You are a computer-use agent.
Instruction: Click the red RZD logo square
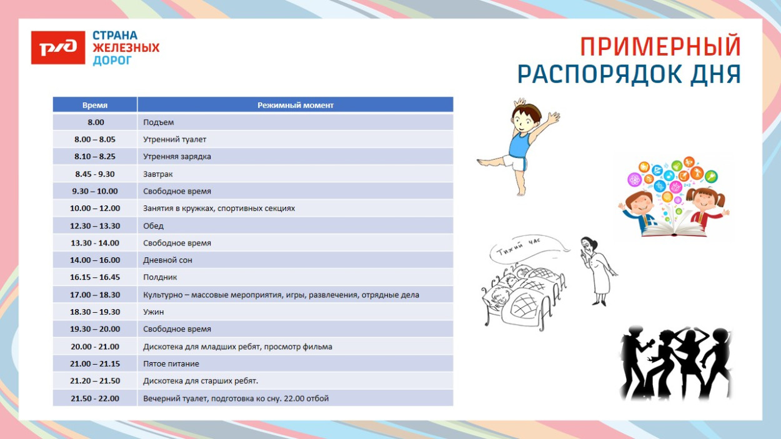(x=58, y=47)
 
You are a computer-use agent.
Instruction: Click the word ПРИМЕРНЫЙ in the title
(x=660, y=46)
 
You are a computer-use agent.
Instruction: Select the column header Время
(x=95, y=105)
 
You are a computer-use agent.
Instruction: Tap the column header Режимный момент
(x=296, y=105)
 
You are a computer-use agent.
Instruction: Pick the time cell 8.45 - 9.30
(x=95, y=174)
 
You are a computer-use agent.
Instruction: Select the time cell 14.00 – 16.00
(x=95, y=260)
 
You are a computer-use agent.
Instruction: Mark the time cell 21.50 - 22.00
(x=95, y=398)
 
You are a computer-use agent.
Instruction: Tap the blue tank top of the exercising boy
(x=519, y=145)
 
